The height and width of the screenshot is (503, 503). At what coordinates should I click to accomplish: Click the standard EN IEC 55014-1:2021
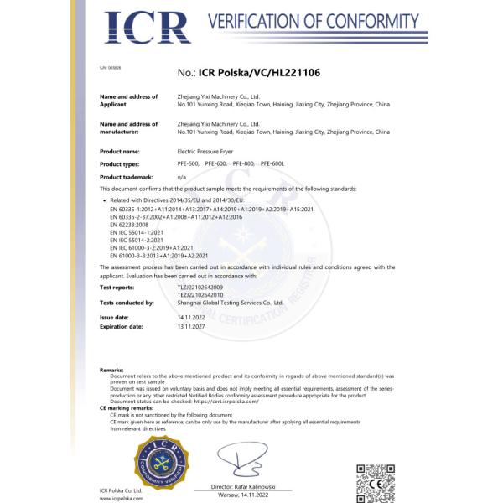click(137, 232)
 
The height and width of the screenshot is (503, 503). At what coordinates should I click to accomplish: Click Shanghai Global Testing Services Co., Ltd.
click(231, 302)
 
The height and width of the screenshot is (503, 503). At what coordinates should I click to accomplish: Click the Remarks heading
click(112, 369)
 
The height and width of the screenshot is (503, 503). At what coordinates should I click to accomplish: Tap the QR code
click(375, 480)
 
